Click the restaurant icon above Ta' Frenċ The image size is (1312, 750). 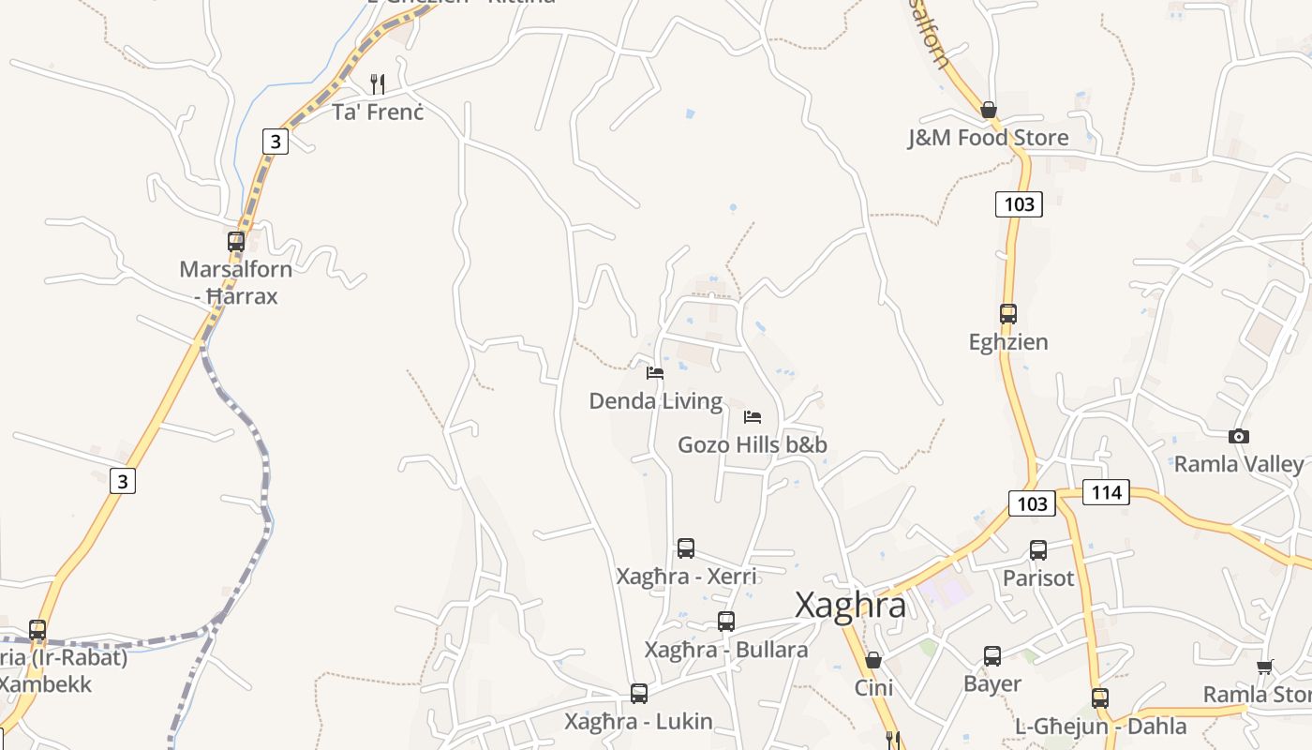(378, 83)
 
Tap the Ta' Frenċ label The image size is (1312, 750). (378, 112)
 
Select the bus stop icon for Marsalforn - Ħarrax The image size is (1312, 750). (236, 241)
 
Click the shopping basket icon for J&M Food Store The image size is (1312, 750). (989, 110)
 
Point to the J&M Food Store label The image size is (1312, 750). (988, 138)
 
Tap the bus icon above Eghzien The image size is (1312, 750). (1008, 314)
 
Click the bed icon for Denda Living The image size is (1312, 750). (655, 373)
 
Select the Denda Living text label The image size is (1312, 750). (656, 401)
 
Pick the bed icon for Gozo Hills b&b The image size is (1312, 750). (753, 417)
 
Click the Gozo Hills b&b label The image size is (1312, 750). (753, 444)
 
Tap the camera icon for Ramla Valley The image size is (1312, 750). (1239, 436)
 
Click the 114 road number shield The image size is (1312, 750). (1106, 491)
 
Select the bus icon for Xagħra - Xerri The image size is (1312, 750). (686, 548)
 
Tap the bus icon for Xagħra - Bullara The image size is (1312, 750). (726, 621)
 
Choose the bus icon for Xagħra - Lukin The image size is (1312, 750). (639, 694)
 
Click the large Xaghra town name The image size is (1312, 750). (850, 605)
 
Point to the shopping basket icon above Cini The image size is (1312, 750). (873, 660)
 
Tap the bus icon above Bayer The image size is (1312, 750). (992, 656)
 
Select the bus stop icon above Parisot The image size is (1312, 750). (1038, 550)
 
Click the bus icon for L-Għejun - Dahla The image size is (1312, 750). (1100, 698)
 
